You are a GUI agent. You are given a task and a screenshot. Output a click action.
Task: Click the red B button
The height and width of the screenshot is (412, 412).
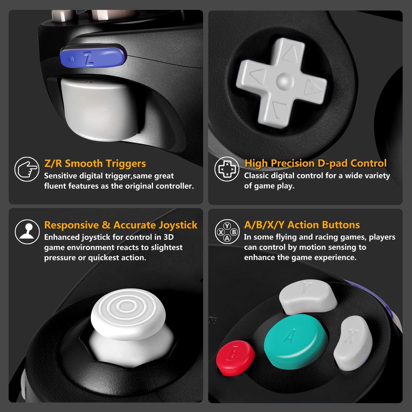point(235,356)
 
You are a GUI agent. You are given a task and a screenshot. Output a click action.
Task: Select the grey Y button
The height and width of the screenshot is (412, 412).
point(308,298)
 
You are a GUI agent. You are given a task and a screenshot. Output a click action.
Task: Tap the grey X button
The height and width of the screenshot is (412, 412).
point(352,342)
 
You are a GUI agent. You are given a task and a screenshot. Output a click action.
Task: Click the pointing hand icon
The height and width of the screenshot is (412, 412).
point(27,169)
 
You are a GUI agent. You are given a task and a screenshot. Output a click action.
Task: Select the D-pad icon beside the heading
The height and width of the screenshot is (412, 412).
point(227,169)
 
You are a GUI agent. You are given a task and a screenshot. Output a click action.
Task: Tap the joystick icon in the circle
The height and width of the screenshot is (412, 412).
point(27,231)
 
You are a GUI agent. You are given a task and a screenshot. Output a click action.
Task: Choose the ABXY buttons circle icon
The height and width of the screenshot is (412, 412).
point(227,231)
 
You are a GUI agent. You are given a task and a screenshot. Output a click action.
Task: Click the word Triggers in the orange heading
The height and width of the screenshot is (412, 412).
point(126,163)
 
